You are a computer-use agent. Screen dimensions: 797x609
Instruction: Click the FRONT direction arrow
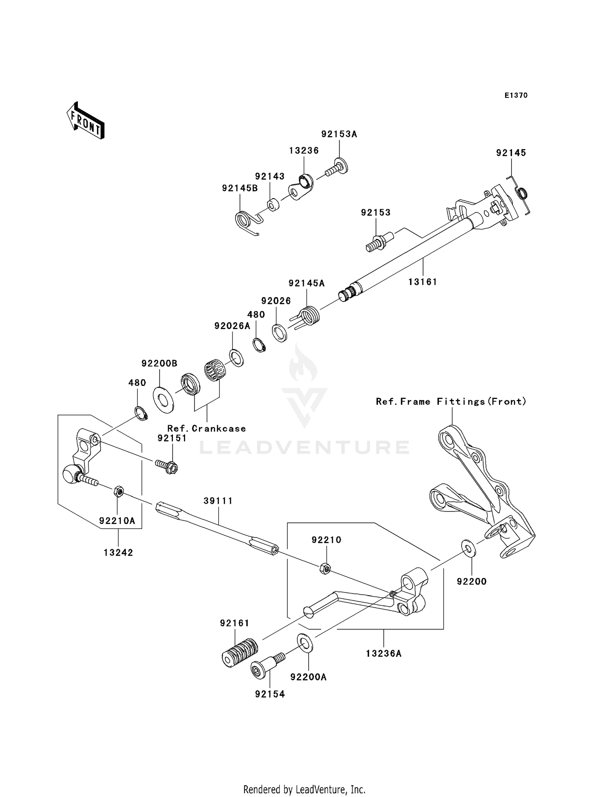point(86,121)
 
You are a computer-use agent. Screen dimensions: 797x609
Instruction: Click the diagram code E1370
point(516,95)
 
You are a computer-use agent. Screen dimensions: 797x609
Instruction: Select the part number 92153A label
point(339,134)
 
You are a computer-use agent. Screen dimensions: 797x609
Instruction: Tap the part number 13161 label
point(423,282)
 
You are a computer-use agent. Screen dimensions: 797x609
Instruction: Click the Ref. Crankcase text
point(206,429)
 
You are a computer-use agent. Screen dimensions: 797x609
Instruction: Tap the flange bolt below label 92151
point(167,466)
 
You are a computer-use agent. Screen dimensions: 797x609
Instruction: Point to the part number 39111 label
point(218,501)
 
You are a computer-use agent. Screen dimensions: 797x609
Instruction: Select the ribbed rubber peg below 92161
point(240,652)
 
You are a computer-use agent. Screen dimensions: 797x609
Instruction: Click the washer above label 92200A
point(305,642)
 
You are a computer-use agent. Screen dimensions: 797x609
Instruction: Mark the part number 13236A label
point(383,654)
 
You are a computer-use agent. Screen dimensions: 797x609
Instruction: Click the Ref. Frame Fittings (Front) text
point(451,402)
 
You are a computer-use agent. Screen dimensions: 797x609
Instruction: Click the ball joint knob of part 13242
point(71,474)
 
